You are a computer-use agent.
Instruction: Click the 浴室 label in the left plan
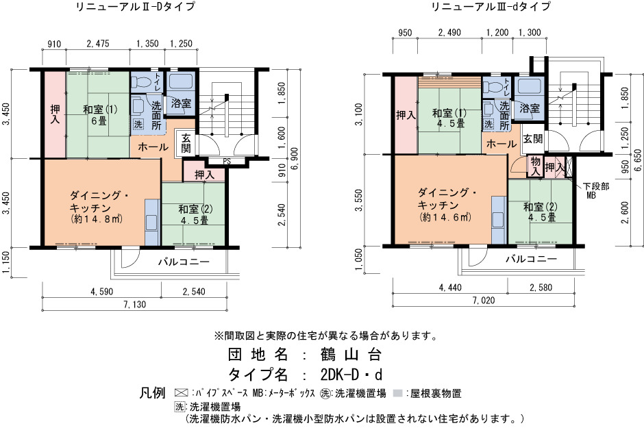click(x=181, y=103)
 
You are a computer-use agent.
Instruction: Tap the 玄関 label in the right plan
click(x=533, y=139)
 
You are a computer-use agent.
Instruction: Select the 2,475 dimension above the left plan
click(x=98, y=44)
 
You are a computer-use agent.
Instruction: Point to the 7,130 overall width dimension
click(x=135, y=305)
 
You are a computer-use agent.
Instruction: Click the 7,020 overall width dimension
click(x=484, y=301)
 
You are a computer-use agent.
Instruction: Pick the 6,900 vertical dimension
click(x=294, y=158)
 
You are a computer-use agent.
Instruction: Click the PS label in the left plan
click(x=227, y=162)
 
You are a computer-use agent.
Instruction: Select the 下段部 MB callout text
click(x=596, y=191)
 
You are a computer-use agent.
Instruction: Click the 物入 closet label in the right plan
click(x=535, y=166)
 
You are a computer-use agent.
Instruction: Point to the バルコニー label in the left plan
click(x=184, y=262)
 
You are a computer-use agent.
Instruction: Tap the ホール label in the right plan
click(x=501, y=144)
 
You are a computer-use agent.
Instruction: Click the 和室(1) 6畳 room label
click(x=100, y=115)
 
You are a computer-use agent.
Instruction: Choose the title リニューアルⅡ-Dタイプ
click(x=136, y=7)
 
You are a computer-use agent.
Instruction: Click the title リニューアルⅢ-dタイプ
click(x=491, y=7)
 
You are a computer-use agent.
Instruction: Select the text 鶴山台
click(x=351, y=354)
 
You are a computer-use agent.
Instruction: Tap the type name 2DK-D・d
click(x=351, y=375)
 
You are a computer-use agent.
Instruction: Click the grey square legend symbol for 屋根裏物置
click(x=397, y=393)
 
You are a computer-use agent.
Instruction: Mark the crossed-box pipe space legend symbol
click(x=181, y=393)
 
